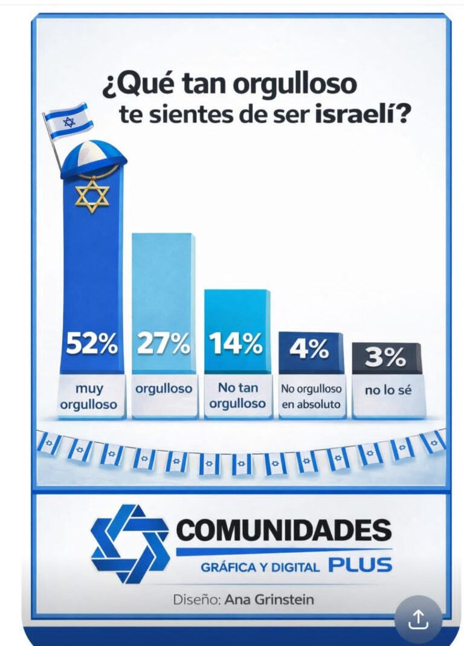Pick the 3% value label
pyautogui.click(x=385, y=358)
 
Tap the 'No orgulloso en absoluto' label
pyautogui.click(x=311, y=397)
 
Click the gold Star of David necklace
pyautogui.click(x=92, y=195)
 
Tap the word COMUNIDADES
pyautogui.click(x=284, y=532)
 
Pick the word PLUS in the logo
pyautogui.click(x=361, y=566)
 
